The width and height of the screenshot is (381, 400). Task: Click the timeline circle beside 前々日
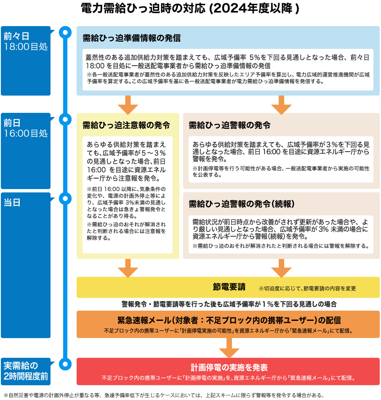[x=65, y=32]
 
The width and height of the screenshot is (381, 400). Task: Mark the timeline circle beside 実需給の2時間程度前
[x=65, y=363]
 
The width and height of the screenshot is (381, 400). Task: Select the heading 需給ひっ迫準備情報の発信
[x=132, y=38]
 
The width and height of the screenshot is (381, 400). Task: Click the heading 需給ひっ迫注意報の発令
[x=126, y=125]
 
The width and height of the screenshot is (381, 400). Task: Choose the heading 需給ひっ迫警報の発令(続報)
[x=241, y=204]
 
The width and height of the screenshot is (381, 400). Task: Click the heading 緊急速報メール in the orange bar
[x=229, y=320]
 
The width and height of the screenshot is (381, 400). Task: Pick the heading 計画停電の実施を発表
[x=229, y=367]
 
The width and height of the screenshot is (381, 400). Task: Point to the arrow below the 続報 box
[x=281, y=268]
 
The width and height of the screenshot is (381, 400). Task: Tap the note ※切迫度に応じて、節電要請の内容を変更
[x=307, y=288]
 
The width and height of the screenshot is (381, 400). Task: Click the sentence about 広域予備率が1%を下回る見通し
[x=229, y=304]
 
